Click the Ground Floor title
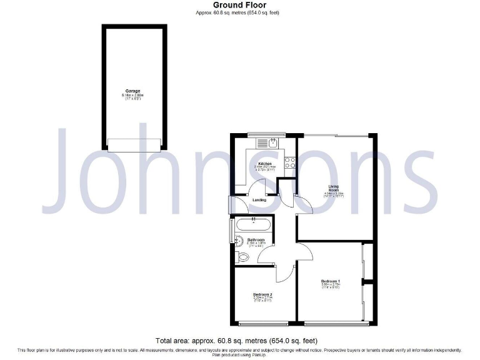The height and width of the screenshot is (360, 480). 239,5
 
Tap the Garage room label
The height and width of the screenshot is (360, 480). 132,91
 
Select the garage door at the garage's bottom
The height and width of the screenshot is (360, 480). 134,144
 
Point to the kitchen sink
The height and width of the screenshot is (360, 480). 271,143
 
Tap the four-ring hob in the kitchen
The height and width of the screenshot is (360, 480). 291,162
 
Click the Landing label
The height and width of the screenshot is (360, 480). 259,200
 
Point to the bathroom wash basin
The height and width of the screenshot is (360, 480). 238,240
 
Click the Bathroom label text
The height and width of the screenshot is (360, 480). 256,240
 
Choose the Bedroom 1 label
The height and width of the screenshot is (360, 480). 329,281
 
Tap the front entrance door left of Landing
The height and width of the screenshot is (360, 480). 231,204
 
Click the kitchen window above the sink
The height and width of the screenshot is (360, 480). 266,135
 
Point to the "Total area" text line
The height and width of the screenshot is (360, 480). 237,341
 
